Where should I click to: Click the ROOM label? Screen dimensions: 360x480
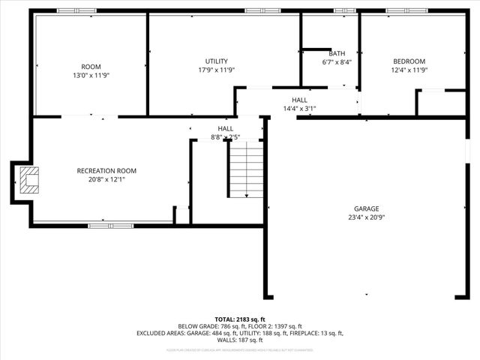point(91,67)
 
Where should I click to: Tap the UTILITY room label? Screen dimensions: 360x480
point(217,61)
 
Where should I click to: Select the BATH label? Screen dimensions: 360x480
point(337,54)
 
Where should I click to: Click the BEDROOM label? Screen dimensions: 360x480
point(409,61)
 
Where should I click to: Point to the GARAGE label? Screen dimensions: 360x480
point(367,208)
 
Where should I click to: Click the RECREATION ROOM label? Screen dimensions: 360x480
point(106,171)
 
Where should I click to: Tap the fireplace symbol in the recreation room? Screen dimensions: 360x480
point(29,181)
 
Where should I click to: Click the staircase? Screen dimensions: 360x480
point(246,169)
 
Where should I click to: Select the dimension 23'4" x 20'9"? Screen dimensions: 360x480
point(367,217)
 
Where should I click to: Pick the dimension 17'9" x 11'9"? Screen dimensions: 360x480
point(217,70)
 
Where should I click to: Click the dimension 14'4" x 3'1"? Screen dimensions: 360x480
point(299,109)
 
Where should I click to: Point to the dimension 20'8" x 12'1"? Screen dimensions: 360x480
point(106,180)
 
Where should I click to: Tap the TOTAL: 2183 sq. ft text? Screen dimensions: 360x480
point(240,319)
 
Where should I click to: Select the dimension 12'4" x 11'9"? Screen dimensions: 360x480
point(409,70)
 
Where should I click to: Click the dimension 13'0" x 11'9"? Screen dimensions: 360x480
point(91,76)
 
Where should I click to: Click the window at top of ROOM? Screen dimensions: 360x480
point(76,11)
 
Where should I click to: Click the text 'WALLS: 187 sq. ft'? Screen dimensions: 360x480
point(240,340)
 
